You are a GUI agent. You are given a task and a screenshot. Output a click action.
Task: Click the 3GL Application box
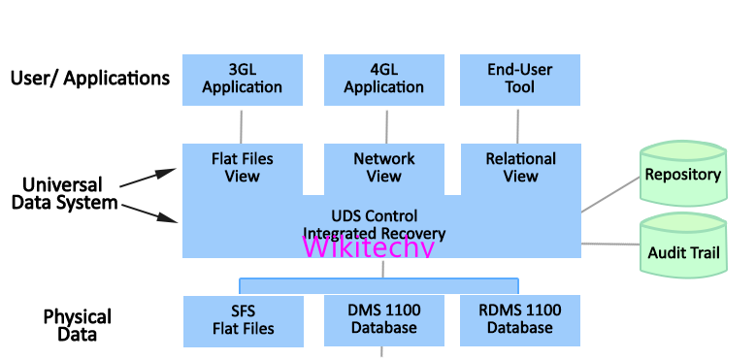pyautogui.click(x=242, y=79)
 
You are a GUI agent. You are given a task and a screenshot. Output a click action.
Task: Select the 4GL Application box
pyautogui.click(x=383, y=79)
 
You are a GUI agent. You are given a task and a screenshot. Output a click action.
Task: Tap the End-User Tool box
pyautogui.click(x=520, y=79)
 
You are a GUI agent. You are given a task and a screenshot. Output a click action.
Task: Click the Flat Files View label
pyautogui.click(x=242, y=167)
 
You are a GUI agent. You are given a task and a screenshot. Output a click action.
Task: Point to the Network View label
pyautogui.click(x=383, y=167)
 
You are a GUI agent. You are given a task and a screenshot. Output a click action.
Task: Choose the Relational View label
pyautogui.click(x=520, y=167)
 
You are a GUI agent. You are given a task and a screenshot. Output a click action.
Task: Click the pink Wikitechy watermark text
pyautogui.click(x=368, y=246)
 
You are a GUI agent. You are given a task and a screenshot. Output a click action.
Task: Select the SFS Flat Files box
pyautogui.click(x=243, y=319)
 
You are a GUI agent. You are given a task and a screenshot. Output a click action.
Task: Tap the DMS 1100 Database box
pyautogui.click(x=383, y=319)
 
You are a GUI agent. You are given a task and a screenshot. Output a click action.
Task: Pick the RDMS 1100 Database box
pyautogui.click(x=520, y=319)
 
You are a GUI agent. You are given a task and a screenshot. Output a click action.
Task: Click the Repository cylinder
pyautogui.click(x=682, y=175)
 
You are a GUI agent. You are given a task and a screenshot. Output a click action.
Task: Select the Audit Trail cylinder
pyautogui.click(x=682, y=251)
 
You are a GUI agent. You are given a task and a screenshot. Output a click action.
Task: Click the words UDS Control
pyautogui.click(x=374, y=215)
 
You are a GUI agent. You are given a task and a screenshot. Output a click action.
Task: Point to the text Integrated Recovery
pyautogui.click(x=374, y=233)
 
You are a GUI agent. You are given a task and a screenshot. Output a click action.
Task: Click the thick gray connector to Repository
pyautogui.click(x=608, y=198)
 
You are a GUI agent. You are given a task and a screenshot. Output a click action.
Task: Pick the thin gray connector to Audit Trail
pyautogui.click(x=608, y=244)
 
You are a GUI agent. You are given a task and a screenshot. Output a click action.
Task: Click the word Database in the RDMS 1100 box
pyautogui.click(x=520, y=328)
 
